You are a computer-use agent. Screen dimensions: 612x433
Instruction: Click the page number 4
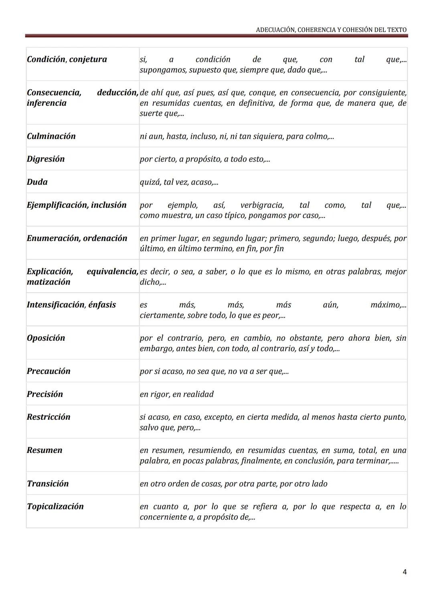[405, 572]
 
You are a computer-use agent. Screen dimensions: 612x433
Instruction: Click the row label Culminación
[51, 136]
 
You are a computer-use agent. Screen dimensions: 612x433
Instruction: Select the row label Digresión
[46, 159]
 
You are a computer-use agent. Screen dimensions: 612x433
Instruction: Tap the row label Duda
[37, 182]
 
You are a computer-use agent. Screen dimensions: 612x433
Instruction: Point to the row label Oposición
[46, 338]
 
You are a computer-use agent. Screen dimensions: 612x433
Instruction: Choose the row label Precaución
[49, 371]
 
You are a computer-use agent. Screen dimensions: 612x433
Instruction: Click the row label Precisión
[45, 394]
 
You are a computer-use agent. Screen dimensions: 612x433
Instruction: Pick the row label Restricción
[49, 417]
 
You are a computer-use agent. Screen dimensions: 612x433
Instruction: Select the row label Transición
[48, 484]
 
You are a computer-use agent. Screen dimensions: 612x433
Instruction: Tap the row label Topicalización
[55, 507]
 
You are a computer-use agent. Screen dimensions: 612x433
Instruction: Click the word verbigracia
[262, 205]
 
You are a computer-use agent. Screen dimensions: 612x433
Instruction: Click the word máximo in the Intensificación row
[386, 305]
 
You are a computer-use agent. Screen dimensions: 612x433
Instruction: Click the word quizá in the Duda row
[150, 182]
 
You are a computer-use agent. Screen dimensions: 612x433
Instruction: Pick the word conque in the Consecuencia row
[262, 93]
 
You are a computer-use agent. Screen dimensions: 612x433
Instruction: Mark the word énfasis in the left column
[102, 305]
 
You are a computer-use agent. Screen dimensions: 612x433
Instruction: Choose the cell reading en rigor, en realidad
[177, 394]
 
